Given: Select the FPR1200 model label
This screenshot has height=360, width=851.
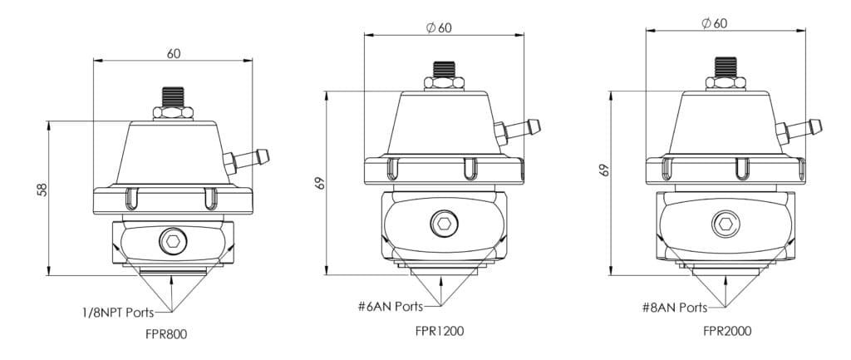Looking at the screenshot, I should click(440, 330).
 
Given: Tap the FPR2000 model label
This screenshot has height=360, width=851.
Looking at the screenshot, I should click(727, 330).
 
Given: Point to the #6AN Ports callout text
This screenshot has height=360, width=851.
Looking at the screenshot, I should click(390, 307).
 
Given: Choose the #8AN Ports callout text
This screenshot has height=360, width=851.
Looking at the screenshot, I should click(675, 307).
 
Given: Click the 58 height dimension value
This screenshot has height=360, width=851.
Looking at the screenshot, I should click(42, 189).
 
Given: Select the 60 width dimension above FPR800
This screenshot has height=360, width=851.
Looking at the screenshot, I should click(174, 53).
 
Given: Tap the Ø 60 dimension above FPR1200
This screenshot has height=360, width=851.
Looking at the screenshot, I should click(439, 27).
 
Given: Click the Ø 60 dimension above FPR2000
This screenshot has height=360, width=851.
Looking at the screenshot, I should click(714, 23).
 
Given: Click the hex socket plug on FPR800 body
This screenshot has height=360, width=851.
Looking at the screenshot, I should click(173, 241).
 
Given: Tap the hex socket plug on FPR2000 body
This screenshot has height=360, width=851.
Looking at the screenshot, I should click(724, 222).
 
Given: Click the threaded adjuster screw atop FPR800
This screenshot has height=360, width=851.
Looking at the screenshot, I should click(173, 97).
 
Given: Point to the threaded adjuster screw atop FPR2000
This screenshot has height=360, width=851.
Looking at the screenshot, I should click(724, 67).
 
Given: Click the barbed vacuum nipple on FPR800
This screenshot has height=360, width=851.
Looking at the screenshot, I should click(248, 157).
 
